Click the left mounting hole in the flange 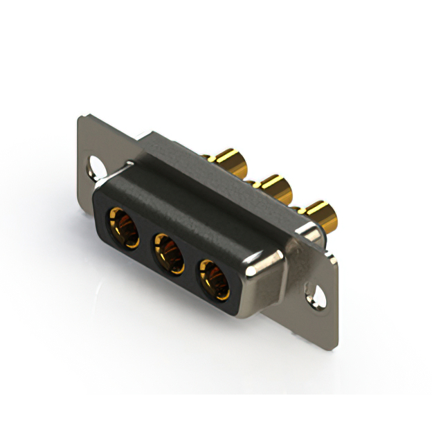tap(93, 166)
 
